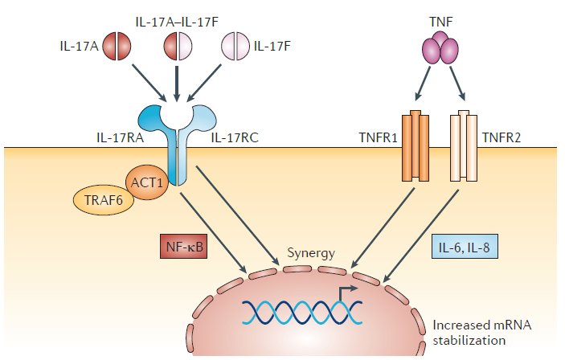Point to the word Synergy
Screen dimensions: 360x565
point(311,254)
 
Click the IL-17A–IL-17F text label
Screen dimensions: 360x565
point(176,18)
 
